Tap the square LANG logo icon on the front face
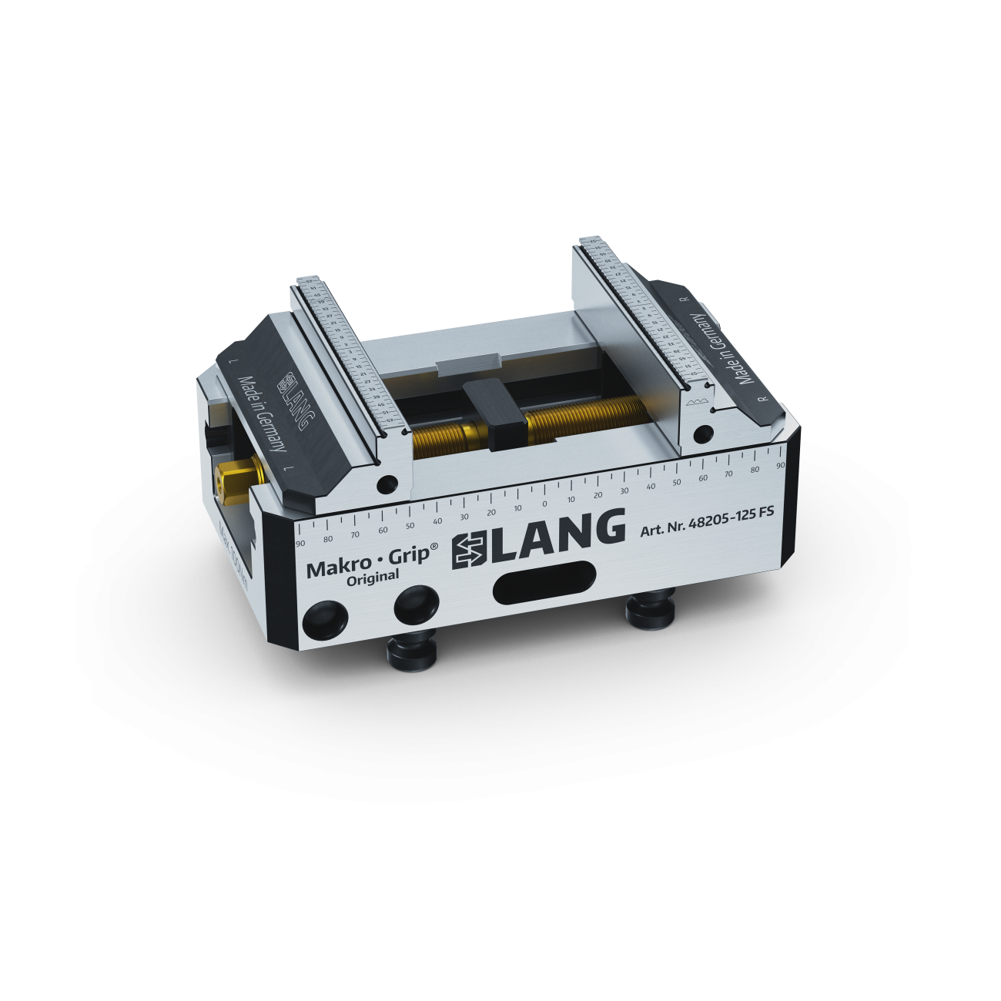[x=469, y=549]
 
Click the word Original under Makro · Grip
[x=373, y=577]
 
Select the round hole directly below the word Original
[x=414, y=605]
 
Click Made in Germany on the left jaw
[x=263, y=415]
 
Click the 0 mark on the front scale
[x=544, y=504]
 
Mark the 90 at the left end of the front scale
[x=300, y=542]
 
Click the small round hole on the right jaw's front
[x=702, y=434]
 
